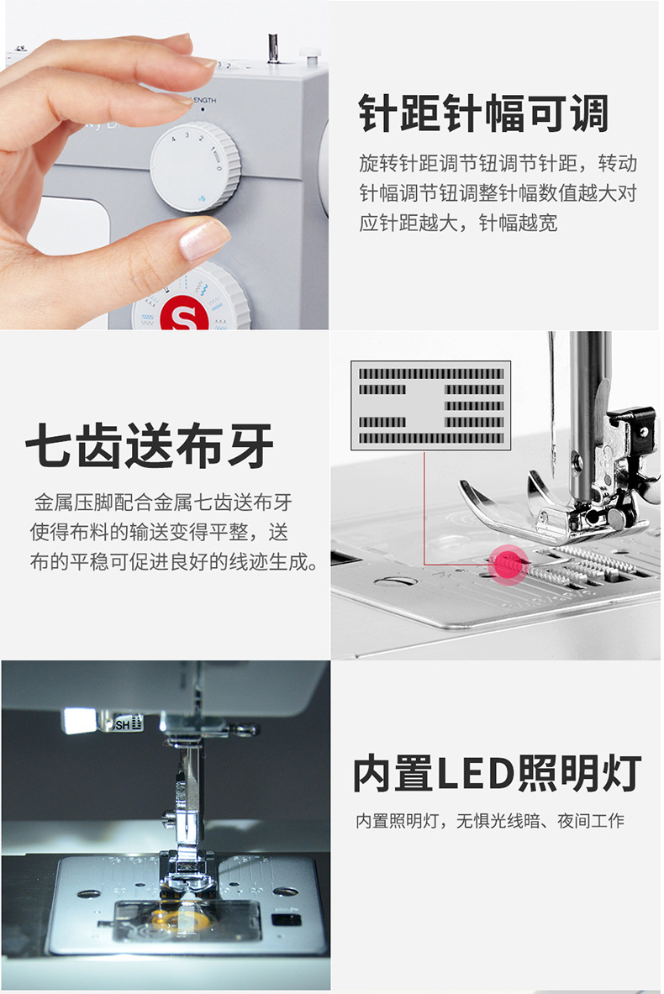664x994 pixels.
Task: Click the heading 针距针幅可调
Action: click(x=483, y=114)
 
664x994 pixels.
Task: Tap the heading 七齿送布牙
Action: click(x=150, y=445)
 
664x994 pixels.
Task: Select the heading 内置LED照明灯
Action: click(x=496, y=773)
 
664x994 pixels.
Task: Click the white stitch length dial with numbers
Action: click(x=195, y=166)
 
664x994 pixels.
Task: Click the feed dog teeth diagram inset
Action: click(x=431, y=405)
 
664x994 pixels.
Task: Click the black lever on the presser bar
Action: click(x=632, y=424)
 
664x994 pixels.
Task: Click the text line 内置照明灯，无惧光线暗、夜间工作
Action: click(x=489, y=821)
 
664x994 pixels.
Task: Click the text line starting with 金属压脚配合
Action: click(x=163, y=503)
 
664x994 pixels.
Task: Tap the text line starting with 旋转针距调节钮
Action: click(x=498, y=161)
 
